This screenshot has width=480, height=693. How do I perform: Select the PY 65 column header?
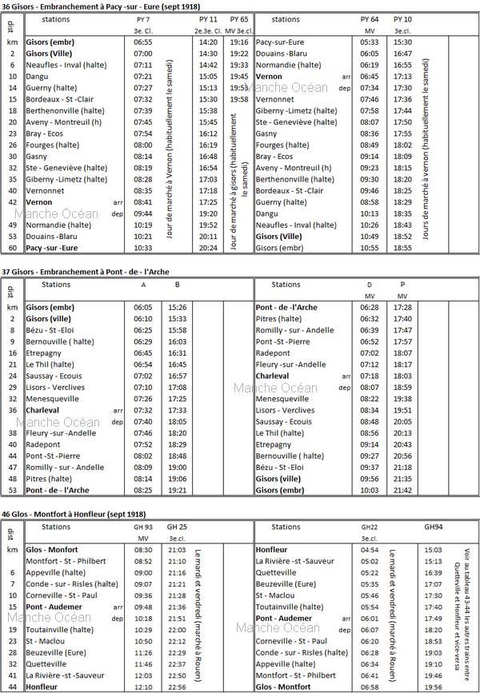[x=238, y=18]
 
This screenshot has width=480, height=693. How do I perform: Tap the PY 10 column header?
[x=402, y=18]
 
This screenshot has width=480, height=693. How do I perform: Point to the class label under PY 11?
[x=208, y=30]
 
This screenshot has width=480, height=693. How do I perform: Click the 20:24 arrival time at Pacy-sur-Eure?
[x=208, y=249]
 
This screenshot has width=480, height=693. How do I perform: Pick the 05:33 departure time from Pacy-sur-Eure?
[x=370, y=42]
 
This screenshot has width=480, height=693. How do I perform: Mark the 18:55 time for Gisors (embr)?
[x=402, y=249]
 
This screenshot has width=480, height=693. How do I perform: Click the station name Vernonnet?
[x=46, y=191]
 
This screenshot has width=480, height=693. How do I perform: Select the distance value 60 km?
[x=13, y=249]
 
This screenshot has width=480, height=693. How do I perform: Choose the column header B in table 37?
[x=177, y=285]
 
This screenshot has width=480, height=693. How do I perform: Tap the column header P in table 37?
[x=402, y=285]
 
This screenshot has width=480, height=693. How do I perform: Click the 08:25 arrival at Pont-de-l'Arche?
[x=144, y=490]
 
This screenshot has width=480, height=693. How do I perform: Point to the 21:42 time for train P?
[x=402, y=490]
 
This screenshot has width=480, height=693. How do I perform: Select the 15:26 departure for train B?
[x=177, y=308]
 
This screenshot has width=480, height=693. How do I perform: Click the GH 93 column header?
[x=144, y=527]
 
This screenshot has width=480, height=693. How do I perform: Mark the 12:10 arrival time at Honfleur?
[x=144, y=687]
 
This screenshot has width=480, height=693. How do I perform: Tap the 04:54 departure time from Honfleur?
[x=370, y=550]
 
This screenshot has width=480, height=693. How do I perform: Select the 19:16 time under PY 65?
[x=238, y=42]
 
